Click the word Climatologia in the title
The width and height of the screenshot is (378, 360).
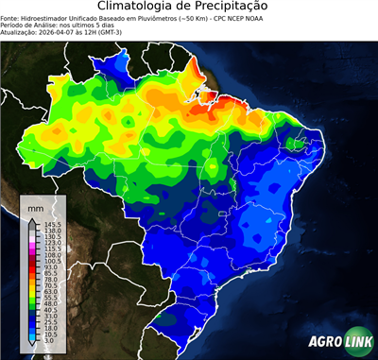pyautogui.click(x=140, y=7)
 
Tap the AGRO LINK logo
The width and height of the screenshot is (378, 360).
pyautogui.click(x=339, y=343)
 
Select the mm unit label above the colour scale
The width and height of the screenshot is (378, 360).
pyautogui.click(x=35, y=207)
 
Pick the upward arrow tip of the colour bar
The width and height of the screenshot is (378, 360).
pyautogui.click(x=31, y=218)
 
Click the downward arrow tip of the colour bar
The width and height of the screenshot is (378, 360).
pyautogui.click(x=31, y=346)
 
